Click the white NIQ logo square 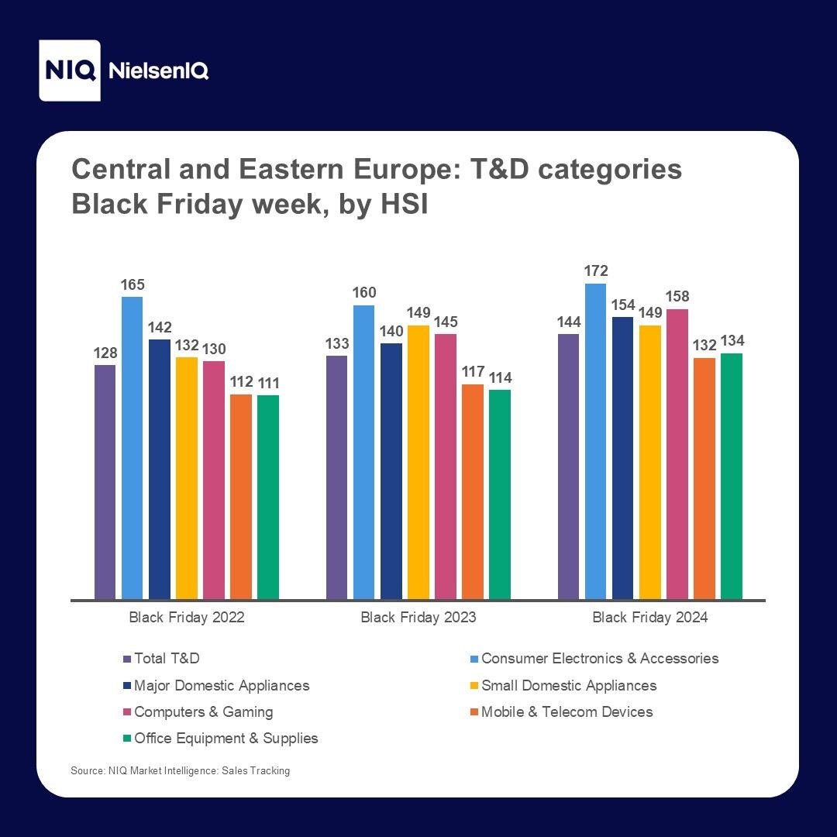pyautogui.click(x=70, y=71)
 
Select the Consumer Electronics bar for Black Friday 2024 pyautogui.click(x=596, y=442)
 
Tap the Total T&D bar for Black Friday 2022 pyautogui.click(x=105, y=482)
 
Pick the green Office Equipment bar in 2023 pyautogui.click(x=500, y=494)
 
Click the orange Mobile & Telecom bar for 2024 pyautogui.click(x=704, y=478)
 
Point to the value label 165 pyautogui.click(x=133, y=284)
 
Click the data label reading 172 pyautogui.click(x=596, y=271)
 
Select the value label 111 pyautogui.click(x=268, y=383)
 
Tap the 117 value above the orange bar pyautogui.click(x=473, y=372)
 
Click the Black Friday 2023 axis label pyautogui.click(x=418, y=618)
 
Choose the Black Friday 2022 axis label pyautogui.click(x=187, y=618)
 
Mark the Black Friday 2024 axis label pyautogui.click(x=650, y=618)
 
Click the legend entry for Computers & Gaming pyautogui.click(x=203, y=711)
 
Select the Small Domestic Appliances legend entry pyautogui.click(x=569, y=685)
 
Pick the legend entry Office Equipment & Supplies pyautogui.click(x=226, y=738)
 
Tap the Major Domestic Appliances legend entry pyautogui.click(x=222, y=685)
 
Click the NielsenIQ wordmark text pyautogui.click(x=160, y=71)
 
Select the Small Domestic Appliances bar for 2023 pyautogui.click(x=418, y=463)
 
